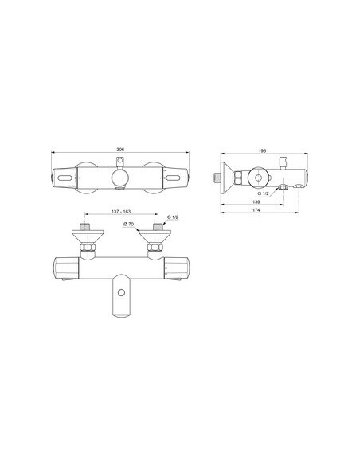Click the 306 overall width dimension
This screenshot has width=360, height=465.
click(119, 148)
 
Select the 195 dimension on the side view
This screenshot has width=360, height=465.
click(263, 148)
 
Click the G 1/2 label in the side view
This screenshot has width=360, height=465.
click(264, 193)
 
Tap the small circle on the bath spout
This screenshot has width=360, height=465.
click(120, 293)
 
